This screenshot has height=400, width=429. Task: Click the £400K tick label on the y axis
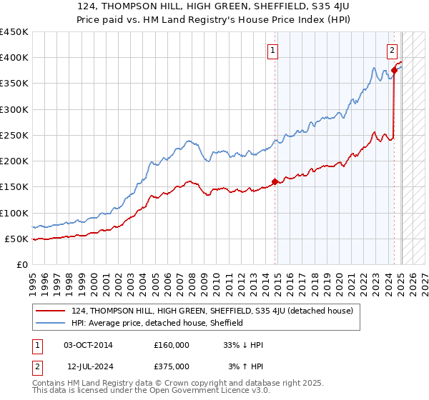tap(14, 58)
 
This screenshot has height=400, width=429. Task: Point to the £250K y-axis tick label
tap(14, 135)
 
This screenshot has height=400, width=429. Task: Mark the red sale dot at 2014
tap(275, 181)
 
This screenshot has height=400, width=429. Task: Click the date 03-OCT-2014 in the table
tap(88, 345)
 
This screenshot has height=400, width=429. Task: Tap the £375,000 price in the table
tap(172, 366)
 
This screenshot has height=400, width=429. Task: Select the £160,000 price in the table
tap(172, 345)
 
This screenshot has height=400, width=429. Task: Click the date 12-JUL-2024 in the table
tap(88, 366)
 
